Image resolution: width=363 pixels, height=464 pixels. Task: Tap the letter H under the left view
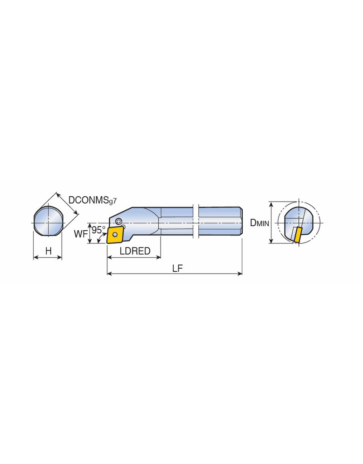[x=48, y=251]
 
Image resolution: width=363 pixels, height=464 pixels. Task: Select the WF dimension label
[x=81, y=234]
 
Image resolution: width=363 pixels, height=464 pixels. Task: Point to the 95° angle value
[x=98, y=230]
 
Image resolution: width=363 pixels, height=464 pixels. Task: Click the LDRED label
[x=135, y=251]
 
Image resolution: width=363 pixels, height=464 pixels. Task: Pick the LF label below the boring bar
[x=177, y=268]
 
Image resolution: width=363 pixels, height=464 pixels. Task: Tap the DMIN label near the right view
[x=260, y=223]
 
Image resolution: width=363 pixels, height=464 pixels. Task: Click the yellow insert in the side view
[x=115, y=235]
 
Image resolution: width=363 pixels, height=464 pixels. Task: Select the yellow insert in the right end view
[x=297, y=235]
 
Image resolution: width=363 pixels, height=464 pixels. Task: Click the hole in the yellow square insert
[x=115, y=235]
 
